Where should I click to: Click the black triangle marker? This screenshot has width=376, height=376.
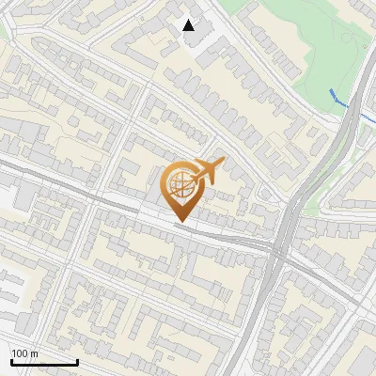coord(189,25)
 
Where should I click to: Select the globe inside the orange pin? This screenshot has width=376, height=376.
coord(180,185)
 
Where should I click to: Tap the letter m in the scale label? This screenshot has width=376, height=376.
coord(35,353)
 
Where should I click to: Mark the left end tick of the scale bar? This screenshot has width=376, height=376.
coord(11,362)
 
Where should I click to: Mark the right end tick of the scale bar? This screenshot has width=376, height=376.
coord(77,362)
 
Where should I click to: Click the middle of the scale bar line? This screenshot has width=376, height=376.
coord(44,363)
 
